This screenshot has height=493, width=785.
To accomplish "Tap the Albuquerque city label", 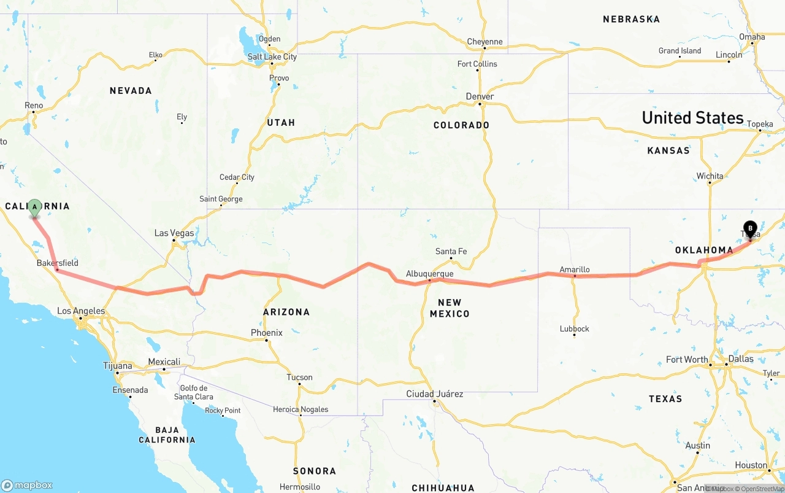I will click(429, 274).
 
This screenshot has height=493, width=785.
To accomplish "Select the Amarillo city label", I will click(575, 270).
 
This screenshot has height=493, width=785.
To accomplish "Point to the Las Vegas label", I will click(174, 233).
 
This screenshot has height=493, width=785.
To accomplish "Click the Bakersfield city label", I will click(58, 263).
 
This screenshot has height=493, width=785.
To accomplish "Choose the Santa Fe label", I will click(451, 251).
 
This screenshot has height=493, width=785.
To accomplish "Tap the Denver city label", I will click(480, 96).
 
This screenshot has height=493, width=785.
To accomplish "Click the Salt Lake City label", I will click(272, 56).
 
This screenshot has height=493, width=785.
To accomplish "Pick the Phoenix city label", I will click(267, 333).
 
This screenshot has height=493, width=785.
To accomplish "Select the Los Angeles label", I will click(81, 311).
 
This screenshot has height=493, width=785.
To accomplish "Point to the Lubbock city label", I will click(575, 328).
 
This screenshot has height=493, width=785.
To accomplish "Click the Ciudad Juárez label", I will click(435, 394).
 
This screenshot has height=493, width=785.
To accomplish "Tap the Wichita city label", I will click(710, 176).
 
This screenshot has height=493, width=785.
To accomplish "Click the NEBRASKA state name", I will click(631, 19).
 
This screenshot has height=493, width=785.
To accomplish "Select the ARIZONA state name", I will click(286, 312).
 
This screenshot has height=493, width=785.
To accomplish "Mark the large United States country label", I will click(692, 117).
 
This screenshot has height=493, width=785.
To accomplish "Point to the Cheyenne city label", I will click(484, 42).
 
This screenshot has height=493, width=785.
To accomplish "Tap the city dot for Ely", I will click(182, 123).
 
